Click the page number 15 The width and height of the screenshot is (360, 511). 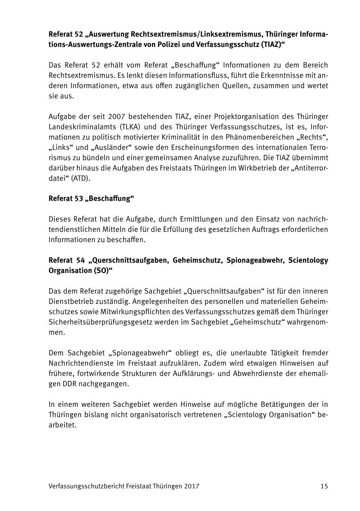(324, 486)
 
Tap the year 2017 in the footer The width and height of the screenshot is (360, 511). (193, 486)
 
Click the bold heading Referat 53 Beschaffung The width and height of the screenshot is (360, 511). (92, 199)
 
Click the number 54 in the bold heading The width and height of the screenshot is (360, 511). (80, 260)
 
